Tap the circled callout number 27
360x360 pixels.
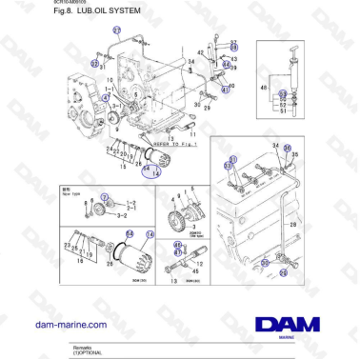coord(117,30)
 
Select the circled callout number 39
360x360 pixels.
coord(235,46)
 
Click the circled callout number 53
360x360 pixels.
coord(283,94)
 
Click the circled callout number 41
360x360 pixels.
coord(226,90)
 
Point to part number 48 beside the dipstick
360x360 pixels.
coord(264,87)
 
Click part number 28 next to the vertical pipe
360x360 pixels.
coord(293,224)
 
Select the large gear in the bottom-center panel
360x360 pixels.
coord(177,221)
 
